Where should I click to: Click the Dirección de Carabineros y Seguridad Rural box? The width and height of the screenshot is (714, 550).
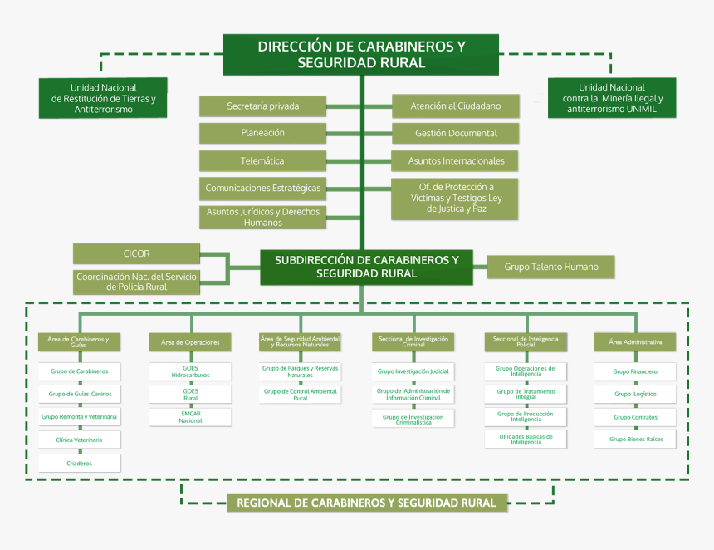(360, 55)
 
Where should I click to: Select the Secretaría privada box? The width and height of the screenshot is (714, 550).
(262, 106)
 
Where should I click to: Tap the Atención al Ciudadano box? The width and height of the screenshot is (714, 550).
(455, 106)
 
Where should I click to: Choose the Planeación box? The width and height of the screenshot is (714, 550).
(262, 133)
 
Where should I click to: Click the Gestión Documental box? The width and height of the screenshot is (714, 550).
(455, 133)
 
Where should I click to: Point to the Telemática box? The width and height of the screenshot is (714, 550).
(262, 160)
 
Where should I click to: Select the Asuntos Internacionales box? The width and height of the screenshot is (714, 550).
(455, 160)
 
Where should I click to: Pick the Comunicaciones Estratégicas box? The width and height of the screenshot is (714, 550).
(262, 189)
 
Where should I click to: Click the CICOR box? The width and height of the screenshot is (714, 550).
(136, 253)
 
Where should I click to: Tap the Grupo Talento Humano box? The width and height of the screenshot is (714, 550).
(550, 267)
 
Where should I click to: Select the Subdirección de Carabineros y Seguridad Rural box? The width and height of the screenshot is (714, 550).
(366, 267)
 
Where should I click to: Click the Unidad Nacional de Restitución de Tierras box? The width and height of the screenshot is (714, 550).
(103, 98)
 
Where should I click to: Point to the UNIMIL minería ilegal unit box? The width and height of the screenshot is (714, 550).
(612, 98)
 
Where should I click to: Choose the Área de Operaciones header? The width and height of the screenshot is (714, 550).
(190, 342)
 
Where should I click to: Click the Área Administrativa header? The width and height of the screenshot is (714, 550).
(634, 341)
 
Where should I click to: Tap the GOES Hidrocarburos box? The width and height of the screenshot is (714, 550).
(190, 371)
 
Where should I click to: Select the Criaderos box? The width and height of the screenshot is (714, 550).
(79, 463)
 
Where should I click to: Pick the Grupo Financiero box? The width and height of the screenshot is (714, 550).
(634, 371)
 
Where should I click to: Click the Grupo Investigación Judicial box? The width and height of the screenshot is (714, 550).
(413, 371)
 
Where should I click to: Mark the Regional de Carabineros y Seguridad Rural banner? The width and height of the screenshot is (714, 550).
(366, 503)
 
